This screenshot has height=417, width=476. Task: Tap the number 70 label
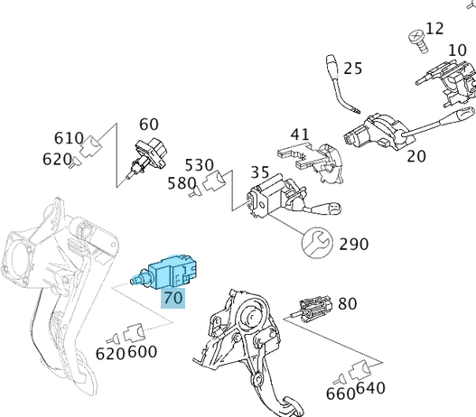tap(173, 297)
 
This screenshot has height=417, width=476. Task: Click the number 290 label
tap(353, 244)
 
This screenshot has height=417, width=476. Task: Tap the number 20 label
tap(416, 155)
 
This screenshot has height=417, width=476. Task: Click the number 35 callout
tap(260, 171)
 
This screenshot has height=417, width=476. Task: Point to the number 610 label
tap(70, 138)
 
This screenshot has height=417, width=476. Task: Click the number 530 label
tap(200, 165)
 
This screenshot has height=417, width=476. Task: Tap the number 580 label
tap(182, 184)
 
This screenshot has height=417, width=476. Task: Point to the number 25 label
tap(352, 68)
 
